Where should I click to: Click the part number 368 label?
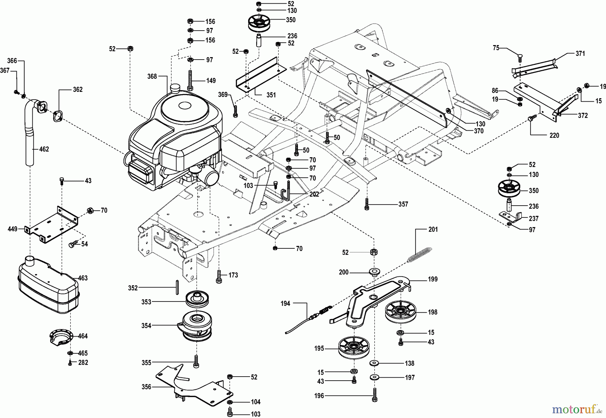click(x=152, y=76)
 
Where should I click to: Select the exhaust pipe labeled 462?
click(x=31, y=135)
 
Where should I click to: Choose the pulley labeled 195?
click(x=354, y=349)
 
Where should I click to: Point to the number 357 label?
click(x=403, y=204)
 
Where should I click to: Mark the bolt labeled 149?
click(x=191, y=80)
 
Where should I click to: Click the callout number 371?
click(x=580, y=53)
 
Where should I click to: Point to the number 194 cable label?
click(x=285, y=304)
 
